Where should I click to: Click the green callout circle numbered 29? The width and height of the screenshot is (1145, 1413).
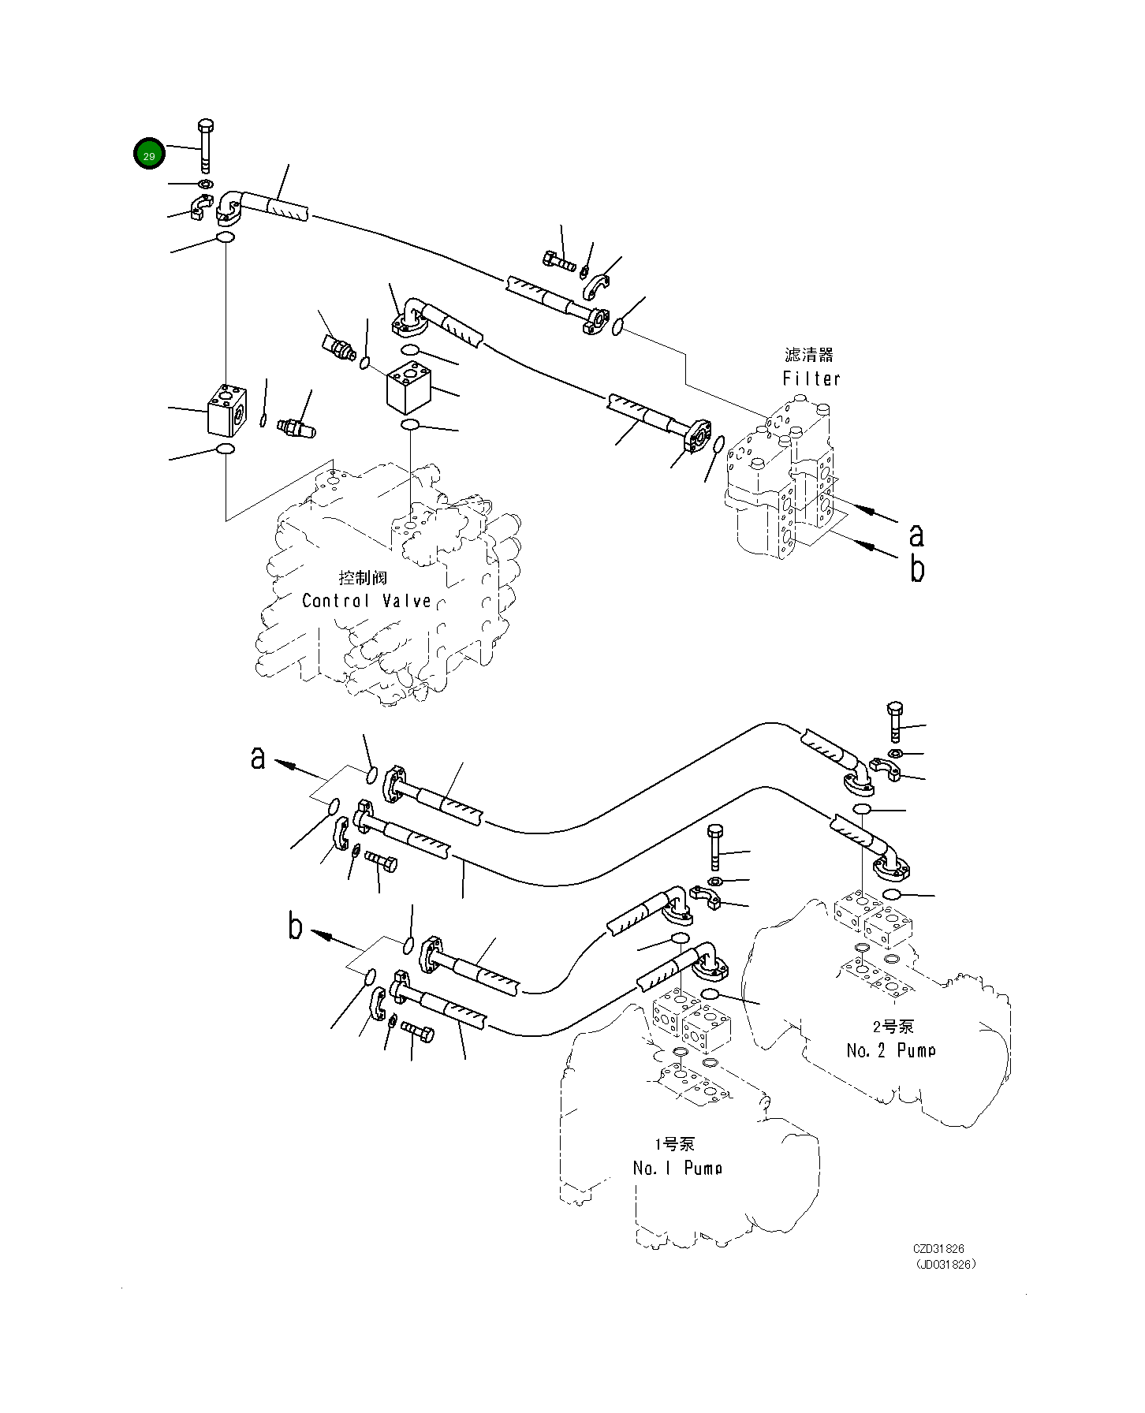149,154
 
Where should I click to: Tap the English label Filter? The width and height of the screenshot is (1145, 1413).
811,378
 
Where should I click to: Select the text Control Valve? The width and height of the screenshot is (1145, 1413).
367,601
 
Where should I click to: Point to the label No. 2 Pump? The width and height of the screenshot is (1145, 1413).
891,1050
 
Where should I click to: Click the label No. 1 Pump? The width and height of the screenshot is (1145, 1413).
677,1168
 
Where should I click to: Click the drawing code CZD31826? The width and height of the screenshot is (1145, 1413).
938,1249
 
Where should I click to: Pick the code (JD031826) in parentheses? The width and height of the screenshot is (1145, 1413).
945,1263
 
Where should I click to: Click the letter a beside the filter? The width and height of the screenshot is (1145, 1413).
916,535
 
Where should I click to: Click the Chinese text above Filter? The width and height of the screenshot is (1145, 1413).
808,356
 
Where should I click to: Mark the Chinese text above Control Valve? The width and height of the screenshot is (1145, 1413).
363,578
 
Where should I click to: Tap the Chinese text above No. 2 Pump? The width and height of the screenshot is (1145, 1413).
893,1027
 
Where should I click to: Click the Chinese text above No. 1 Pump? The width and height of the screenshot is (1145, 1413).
674,1144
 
